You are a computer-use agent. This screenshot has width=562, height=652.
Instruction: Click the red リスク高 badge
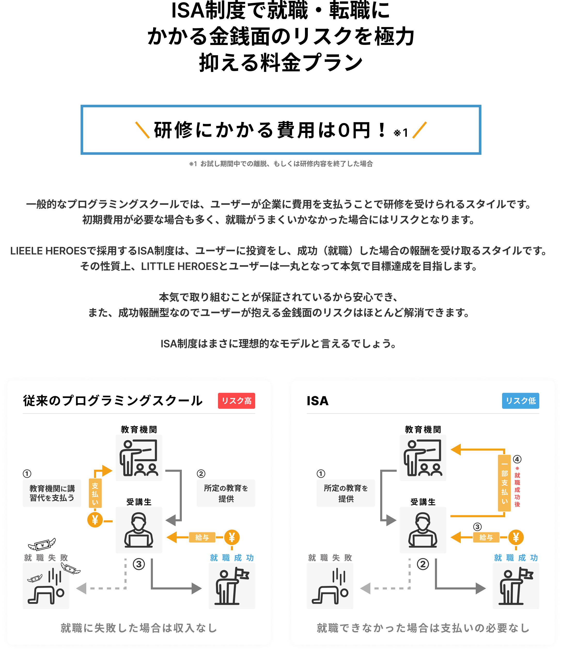[237, 401]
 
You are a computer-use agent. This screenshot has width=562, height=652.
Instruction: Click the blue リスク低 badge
[520, 401]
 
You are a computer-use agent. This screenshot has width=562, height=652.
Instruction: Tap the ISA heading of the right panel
[318, 401]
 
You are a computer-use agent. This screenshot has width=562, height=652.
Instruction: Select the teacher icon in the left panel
[139, 458]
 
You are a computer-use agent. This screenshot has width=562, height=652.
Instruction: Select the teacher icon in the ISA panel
[423, 458]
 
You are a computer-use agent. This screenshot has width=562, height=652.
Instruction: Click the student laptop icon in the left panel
[139, 530]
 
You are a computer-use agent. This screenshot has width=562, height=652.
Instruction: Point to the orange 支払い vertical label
[95, 494]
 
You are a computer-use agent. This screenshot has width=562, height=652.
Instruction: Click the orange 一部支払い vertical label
[504, 483]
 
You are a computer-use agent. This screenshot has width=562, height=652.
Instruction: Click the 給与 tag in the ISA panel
[486, 537]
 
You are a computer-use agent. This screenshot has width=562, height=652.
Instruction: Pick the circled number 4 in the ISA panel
[517, 459]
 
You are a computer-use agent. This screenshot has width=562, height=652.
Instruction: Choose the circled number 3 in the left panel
[139, 564]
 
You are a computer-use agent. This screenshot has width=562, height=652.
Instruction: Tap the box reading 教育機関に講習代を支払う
[52, 493]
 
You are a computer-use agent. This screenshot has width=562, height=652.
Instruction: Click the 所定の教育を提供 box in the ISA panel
[346, 493]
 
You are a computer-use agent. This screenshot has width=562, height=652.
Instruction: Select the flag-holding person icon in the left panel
[232, 586]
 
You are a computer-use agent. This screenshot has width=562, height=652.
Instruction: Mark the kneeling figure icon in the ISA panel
[330, 586]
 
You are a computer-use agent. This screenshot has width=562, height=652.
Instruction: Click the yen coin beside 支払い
[95, 520]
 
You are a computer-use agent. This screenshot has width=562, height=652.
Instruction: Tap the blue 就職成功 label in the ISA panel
[516, 558]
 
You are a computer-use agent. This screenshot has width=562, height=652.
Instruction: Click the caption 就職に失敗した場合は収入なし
[139, 628]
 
